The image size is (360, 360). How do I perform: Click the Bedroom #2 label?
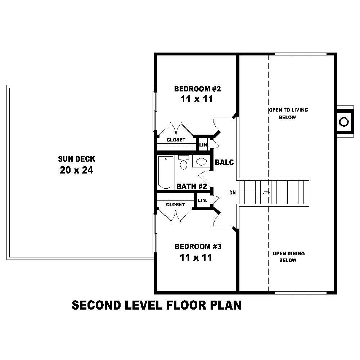click(x=197, y=89)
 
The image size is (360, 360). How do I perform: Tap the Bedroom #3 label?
click(x=198, y=247)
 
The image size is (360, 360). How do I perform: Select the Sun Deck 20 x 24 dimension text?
click(x=76, y=170)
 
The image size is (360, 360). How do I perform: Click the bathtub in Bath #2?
click(x=166, y=172)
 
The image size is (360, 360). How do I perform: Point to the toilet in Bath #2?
click(x=184, y=162)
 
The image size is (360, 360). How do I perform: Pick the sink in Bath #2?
click(x=201, y=162)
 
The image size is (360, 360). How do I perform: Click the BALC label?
click(x=224, y=162)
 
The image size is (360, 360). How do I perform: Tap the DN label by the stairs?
click(x=233, y=192)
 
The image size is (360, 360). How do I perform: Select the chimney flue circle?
click(x=344, y=122)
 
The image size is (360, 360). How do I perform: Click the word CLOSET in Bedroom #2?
click(x=176, y=140)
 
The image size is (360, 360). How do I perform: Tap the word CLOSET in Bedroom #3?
click(x=176, y=204)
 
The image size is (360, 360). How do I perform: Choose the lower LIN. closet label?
click(x=202, y=201)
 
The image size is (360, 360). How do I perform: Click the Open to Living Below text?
click(x=288, y=114)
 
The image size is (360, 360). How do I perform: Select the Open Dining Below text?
click(x=289, y=257)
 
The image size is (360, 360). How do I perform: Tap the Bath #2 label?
click(x=192, y=186)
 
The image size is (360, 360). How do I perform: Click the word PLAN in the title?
click(x=226, y=305)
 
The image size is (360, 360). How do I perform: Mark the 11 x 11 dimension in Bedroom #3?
click(x=196, y=258)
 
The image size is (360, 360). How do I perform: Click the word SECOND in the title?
click(x=96, y=305)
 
